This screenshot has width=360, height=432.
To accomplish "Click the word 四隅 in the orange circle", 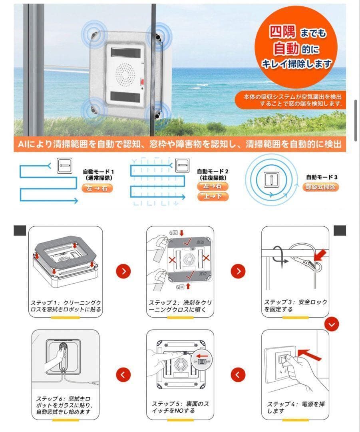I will (x=282, y=31).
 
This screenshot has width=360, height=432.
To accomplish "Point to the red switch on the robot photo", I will (x=142, y=83).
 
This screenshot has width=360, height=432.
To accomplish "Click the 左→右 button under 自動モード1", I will (x=97, y=188).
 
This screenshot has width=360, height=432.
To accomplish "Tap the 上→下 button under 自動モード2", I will (x=213, y=196).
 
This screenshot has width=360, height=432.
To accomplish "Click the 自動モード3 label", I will (x=322, y=177).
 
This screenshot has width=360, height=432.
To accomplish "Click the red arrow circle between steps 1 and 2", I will (x=124, y=271).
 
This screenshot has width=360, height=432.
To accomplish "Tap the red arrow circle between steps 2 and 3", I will (x=238, y=271).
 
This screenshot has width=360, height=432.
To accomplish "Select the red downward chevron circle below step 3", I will (x=331, y=324).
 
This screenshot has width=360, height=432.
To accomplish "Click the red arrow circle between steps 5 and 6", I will (x=123, y=375).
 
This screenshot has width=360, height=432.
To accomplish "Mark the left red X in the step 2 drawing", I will (x=172, y=260).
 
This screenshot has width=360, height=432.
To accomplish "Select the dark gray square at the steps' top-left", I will (x=20, y=230).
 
